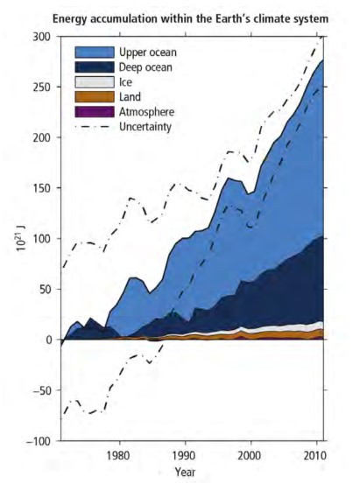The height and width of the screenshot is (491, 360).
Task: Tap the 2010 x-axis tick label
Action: pyautogui.click(x=316, y=455)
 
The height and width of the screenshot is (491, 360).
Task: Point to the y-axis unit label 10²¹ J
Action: pyautogui.click(x=17, y=238)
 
